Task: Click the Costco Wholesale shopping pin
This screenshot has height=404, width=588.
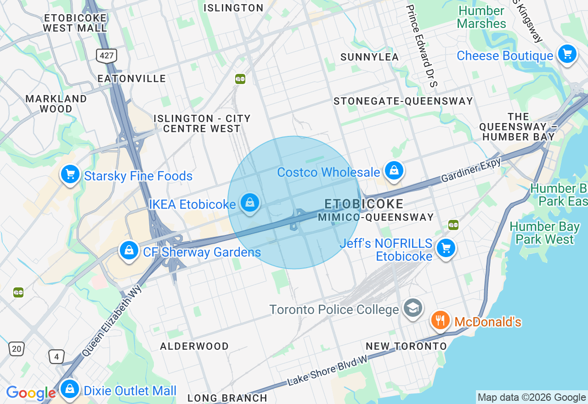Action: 394,170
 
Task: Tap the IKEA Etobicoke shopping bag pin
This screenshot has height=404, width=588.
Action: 249,202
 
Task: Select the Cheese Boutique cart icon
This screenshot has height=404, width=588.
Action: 567,54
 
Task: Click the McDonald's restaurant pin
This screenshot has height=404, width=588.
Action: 441,320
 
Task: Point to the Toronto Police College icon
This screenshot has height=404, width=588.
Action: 413,308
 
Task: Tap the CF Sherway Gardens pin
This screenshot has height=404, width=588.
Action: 129,251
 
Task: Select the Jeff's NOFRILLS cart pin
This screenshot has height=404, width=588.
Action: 445,248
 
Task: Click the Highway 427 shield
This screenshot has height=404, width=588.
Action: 107,56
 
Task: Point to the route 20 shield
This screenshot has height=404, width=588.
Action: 17,349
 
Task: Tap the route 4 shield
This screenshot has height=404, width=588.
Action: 57,356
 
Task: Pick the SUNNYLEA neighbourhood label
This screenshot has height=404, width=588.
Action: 369,57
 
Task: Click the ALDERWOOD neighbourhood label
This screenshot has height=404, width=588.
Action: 194,346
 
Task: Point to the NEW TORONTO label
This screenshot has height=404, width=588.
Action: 406,346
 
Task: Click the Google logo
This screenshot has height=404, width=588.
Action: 31,393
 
